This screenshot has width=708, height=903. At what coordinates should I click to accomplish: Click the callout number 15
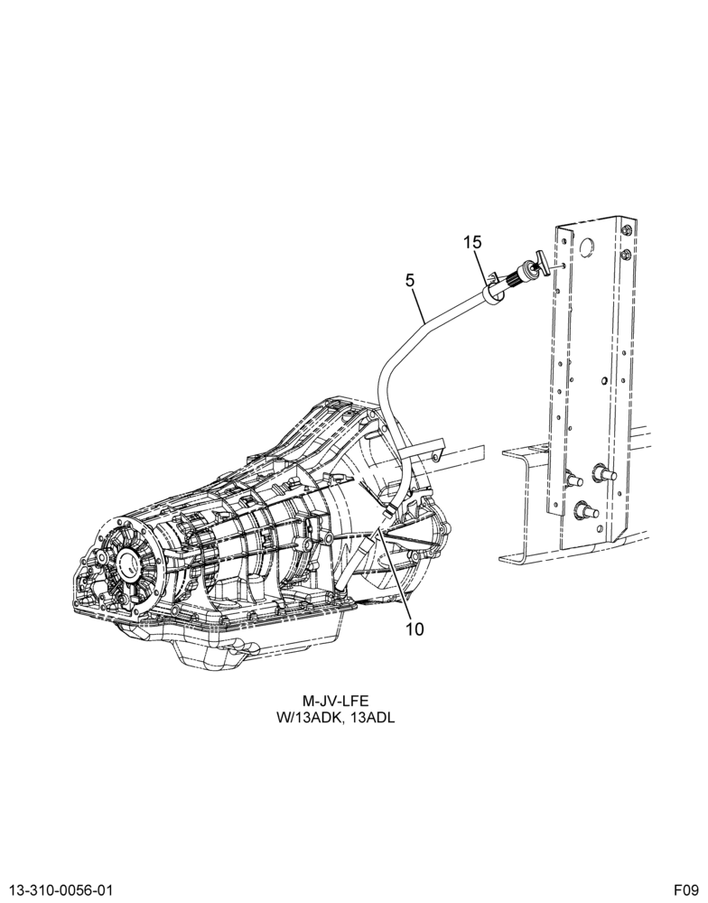[x=472, y=242]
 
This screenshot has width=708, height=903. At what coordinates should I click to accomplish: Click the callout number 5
[x=410, y=281]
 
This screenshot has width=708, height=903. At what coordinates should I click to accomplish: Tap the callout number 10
[x=415, y=629]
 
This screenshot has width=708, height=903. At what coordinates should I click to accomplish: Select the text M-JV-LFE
[x=335, y=701]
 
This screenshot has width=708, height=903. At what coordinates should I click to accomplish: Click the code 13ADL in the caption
[x=377, y=718]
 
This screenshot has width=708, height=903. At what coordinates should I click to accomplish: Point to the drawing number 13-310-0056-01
[x=57, y=889]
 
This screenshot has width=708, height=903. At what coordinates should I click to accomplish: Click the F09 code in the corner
[x=687, y=889]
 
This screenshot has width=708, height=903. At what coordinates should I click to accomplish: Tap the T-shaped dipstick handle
[x=541, y=259]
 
